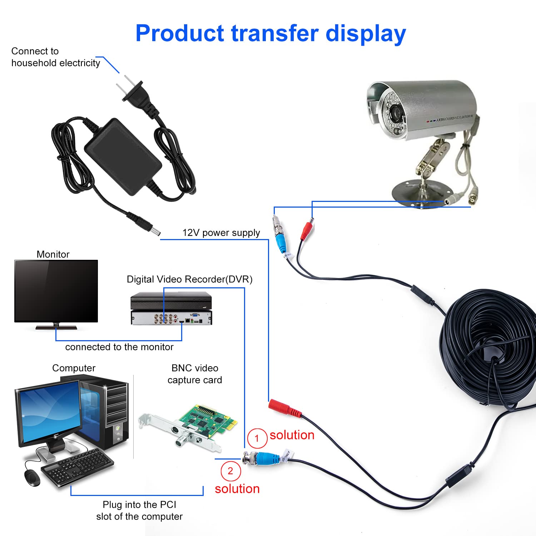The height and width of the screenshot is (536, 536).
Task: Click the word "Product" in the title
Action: pyautogui.click(x=180, y=33)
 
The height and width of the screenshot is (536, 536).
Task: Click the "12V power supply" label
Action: pyautogui.click(x=221, y=233)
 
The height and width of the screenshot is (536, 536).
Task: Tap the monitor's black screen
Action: pyautogui.click(x=56, y=291)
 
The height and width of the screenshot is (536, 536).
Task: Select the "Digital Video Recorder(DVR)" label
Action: pyautogui.click(x=190, y=279)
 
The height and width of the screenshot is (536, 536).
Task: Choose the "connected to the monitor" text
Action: pyautogui.click(x=119, y=347)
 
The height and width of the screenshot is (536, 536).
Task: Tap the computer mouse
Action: pyautogui.click(x=32, y=478)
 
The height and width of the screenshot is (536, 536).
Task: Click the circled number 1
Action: pyautogui.click(x=257, y=438)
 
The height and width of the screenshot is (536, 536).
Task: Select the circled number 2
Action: pyautogui.click(x=230, y=471)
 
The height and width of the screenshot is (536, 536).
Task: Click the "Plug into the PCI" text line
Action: pyautogui.click(x=139, y=505)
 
